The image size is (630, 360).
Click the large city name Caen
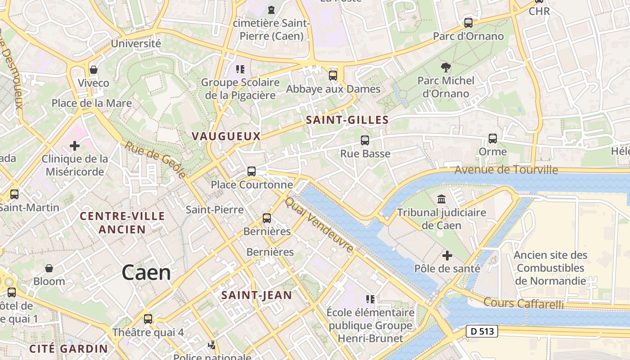146,273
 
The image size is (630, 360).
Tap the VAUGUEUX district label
226,136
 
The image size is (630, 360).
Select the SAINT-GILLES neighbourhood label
347,120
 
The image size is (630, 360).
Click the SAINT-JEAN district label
257,295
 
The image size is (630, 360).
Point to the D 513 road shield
481,331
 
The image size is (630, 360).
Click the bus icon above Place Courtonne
252,171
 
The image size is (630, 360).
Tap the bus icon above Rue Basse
365,140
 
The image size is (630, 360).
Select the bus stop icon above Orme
493,139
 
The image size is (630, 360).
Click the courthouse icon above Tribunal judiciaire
441,199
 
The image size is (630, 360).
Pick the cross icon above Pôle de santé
447,256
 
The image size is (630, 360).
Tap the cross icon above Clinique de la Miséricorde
75,146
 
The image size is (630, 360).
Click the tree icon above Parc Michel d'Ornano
446,67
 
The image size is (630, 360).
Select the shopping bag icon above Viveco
94,70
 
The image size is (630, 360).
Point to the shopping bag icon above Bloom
49,268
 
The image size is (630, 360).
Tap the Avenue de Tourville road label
506,170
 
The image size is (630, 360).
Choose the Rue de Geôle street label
155,160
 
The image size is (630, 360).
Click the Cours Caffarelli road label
523,303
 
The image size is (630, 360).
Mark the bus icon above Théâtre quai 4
148,319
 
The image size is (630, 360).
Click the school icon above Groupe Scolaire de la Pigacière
240,69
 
